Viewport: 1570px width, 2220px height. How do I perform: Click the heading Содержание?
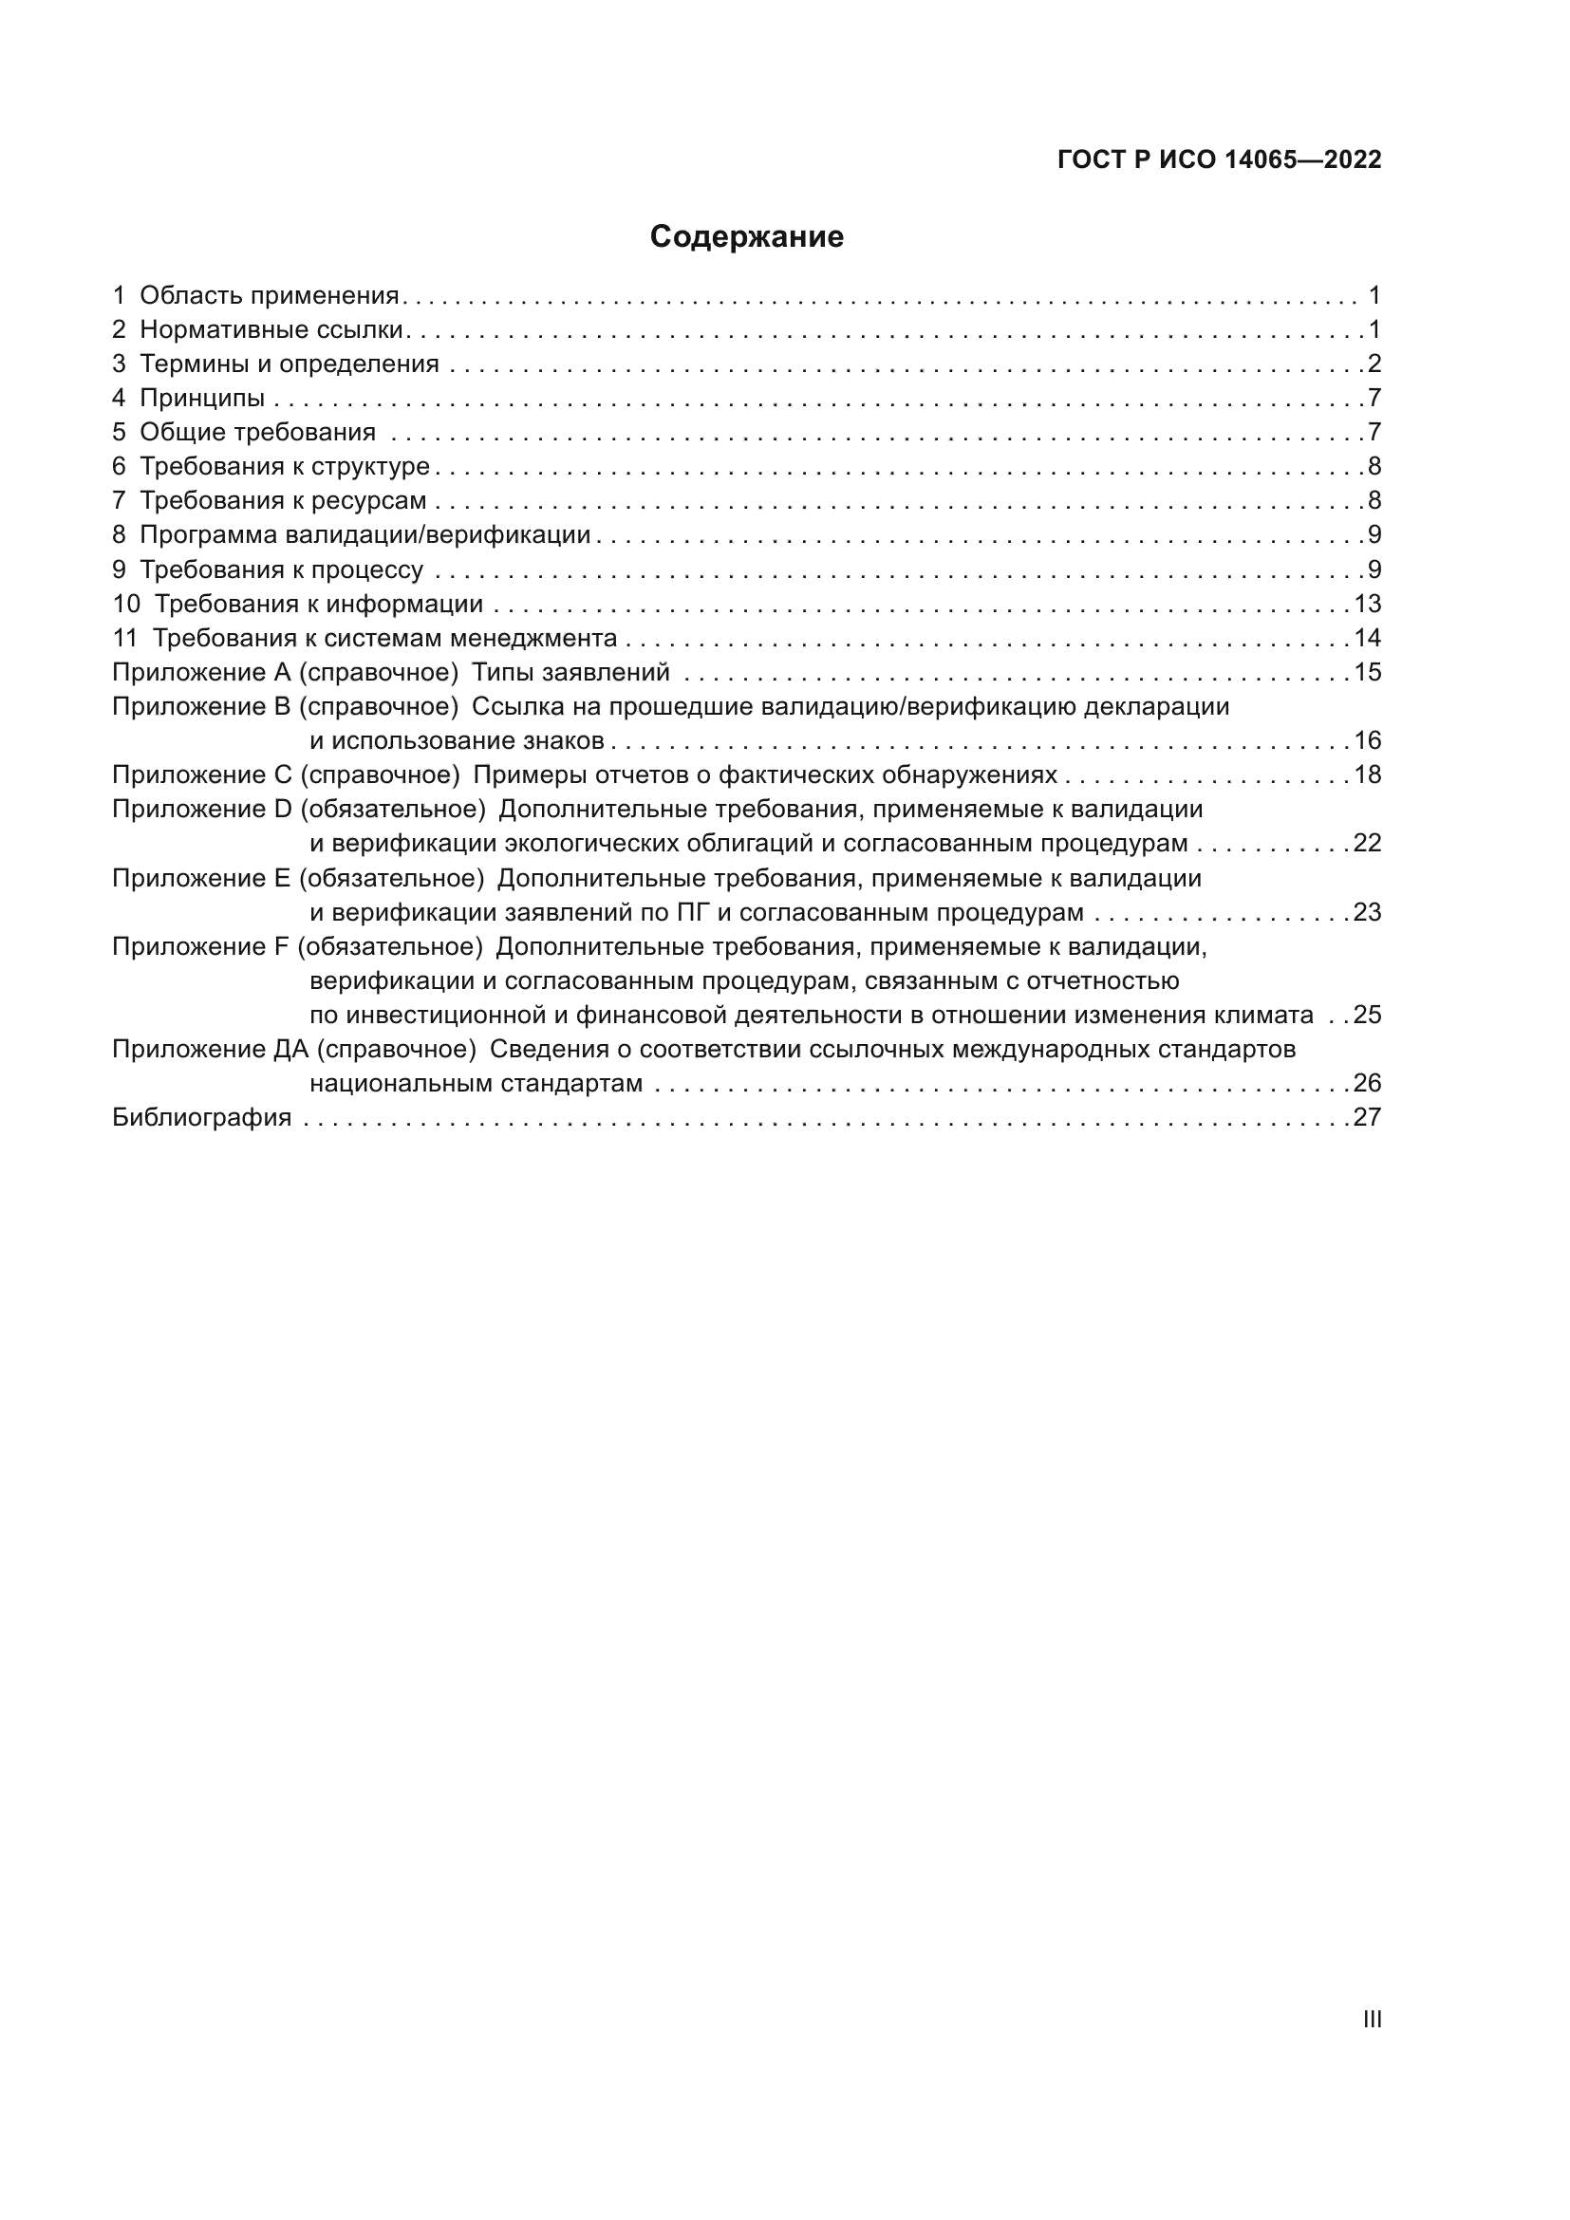coord(746,237)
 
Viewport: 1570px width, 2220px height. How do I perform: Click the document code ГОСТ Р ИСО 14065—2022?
coord(1219,159)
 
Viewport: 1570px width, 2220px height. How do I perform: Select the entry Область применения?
coord(269,296)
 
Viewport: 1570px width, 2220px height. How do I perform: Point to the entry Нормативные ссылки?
coord(271,329)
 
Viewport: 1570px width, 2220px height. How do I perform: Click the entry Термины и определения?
coord(290,364)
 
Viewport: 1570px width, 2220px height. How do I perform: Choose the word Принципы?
coord(202,399)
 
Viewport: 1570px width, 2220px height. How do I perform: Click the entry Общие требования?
coord(257,432)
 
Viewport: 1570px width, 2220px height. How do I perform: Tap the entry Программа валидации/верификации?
coord(364,534)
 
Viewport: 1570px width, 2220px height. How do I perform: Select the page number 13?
coord(1367,605)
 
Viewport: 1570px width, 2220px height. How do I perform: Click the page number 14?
coord(1367,638)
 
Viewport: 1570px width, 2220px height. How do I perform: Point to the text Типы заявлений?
coord(570,672)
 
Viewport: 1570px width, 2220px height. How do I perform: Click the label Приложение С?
coord(202,775)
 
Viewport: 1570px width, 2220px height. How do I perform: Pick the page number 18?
coord(1367,775)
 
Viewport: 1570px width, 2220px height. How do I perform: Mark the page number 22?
coord(1367,843)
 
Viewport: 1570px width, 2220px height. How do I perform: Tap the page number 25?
coord(1367,1016)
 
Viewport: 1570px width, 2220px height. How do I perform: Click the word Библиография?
coord(202,1118)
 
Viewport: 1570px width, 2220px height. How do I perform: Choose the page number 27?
coord(1367,1118)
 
